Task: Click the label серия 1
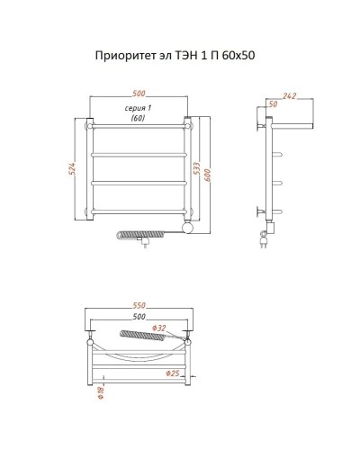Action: [x=138, y=109]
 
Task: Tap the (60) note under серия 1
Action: [x=138, y=118]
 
